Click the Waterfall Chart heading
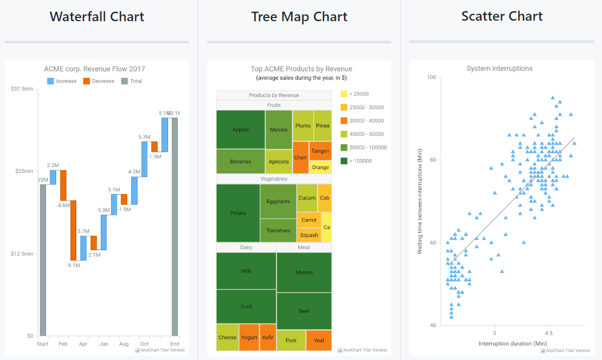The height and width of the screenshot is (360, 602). click(x=97, y=16)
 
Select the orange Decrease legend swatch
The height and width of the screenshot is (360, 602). click(x=87, y=81)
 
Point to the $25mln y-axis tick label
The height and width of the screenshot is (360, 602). click(x=24, y=171)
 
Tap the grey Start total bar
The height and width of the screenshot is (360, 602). click(x=43, y=260)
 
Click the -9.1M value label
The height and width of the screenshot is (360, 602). click(x=73, y=265)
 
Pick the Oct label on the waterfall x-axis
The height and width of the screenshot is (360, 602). click(x=144, y=344)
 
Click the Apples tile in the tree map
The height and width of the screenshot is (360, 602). click(x=241, y=129)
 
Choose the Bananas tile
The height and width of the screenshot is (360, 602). click(x=241, y=161)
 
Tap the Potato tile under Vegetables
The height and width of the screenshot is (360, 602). click(x=238, y=213)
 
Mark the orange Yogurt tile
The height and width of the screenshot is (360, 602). click(x=249, y=337)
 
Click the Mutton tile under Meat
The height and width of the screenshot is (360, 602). click(x=304, y=273)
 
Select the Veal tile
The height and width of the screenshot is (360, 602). click(x=319, y=340)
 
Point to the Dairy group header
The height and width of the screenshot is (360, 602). click(x=246, y=248)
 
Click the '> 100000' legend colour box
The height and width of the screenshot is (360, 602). click(x=344, y=161)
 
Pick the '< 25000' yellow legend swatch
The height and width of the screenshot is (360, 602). click(x=344, y=94)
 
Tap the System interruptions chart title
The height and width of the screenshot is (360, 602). click(x=499, y=68)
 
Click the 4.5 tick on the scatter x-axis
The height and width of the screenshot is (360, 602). click(x=549, y=333)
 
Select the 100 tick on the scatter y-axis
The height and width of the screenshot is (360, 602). click(x=431, y=77)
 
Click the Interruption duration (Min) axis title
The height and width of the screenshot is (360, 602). click(x=512, y=344)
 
